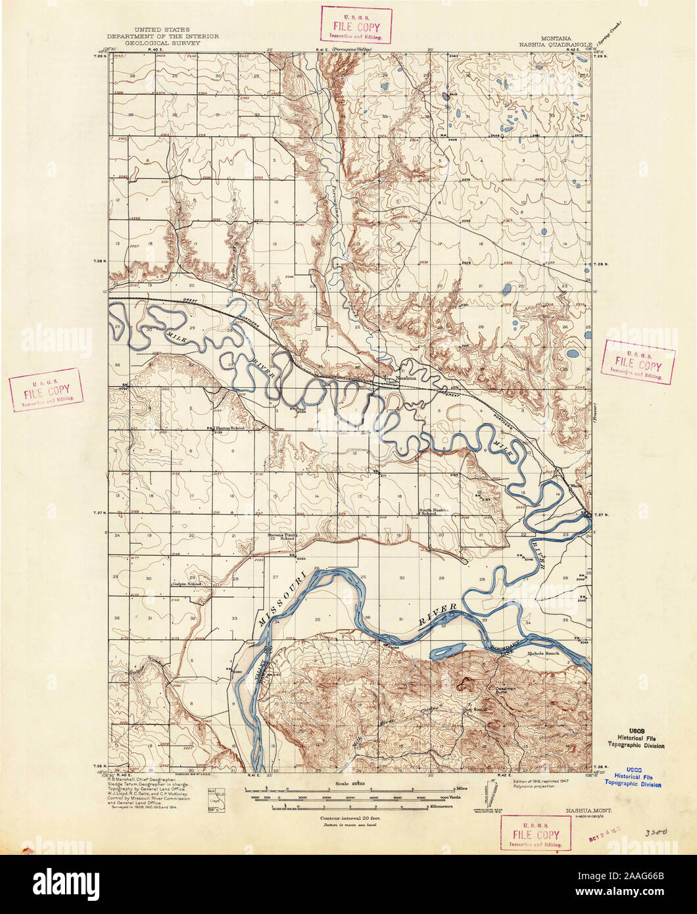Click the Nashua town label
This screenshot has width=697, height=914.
407,379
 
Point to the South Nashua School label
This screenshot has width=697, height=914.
436,512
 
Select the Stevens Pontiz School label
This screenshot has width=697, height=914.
283,537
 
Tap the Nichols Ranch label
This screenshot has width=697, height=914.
544,654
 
